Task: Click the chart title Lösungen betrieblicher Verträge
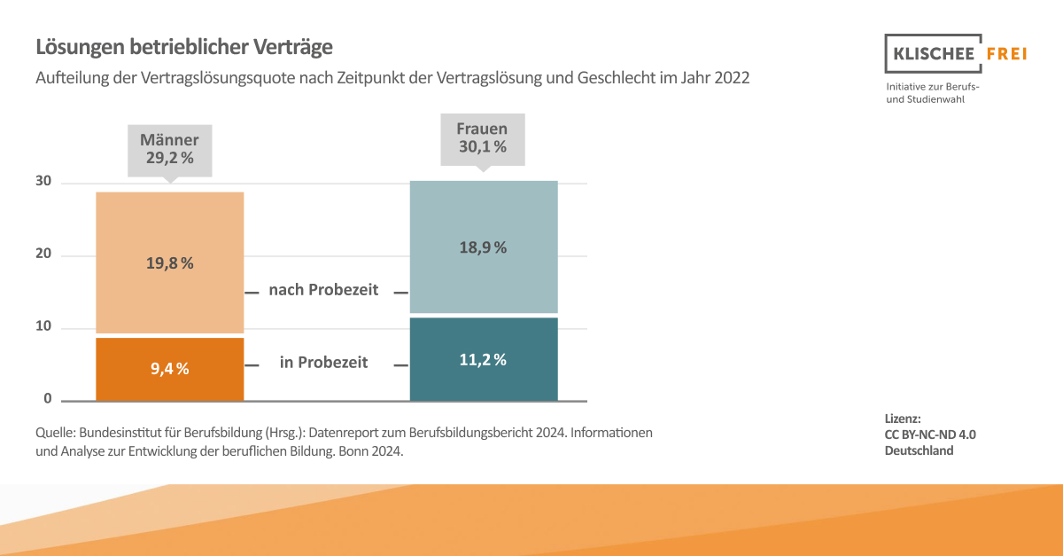click(184, 46)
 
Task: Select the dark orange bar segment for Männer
click(169, 381)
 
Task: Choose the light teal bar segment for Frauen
click(484, 213)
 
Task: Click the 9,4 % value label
click(169, 369)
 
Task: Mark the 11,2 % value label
click(483, 359)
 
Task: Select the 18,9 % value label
click(483, 247)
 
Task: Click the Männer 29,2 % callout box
click(170, 151)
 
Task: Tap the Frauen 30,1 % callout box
click(483, 139)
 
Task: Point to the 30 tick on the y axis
click(43, 182)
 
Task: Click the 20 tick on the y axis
click(43, 255)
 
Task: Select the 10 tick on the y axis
click(43, 327)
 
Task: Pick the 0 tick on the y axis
click(48, 399)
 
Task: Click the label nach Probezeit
click(323, 290)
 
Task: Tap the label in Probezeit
click(323, 362)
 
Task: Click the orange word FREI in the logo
click(1005, 54)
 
